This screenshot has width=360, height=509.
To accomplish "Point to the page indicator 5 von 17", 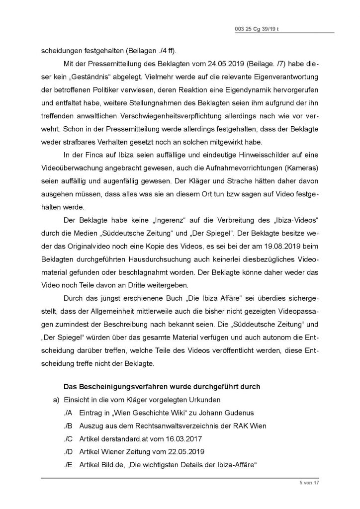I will [x=308, y=482].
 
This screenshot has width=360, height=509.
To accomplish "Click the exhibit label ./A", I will [x=68, y=414].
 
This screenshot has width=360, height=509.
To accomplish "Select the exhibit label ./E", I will [x=68, y=465].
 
